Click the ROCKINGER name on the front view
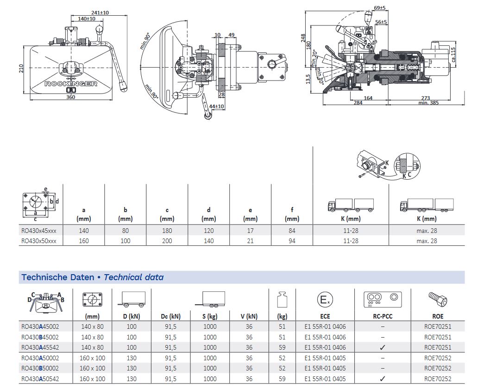pyautogui.click(x=71, y=83)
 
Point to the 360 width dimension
pyautogui.click(x=71, y=97)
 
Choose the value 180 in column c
pyautogui.click(x=167, y=231)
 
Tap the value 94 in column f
pyautogui.click(x=292, y=241)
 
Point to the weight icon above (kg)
pyautogui.click(x=282, y=300)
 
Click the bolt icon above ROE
pyautogui.click(x=437, y=300)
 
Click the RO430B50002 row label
pyautogui.click(x=40, y=368)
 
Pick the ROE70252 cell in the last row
pyautogui.click(x=437, y=379)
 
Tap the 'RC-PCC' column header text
pyautogui.click(x=383, y=316)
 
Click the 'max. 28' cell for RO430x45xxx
pyautogui.click(x=427, y=231)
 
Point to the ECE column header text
pyautogui.click(x=325, y=316)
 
